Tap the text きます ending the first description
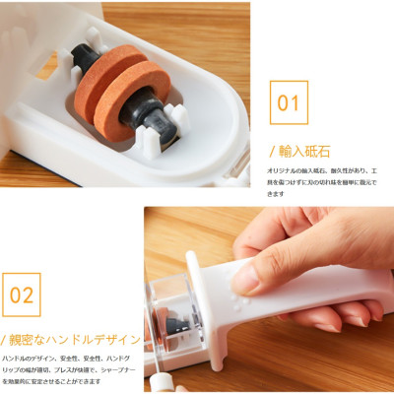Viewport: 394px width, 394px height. point(280,193)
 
